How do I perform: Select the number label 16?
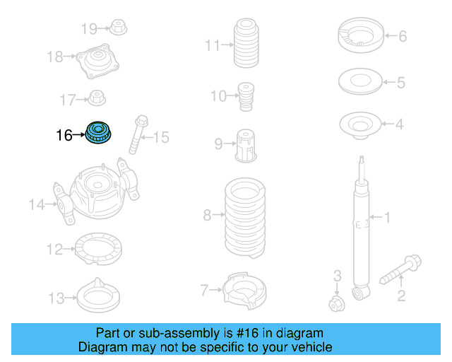(x=64, y=134)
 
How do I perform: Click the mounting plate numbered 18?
(x=95, y=62)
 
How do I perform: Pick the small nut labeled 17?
(x=97, y=99)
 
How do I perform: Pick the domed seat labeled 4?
(x=362, y=127)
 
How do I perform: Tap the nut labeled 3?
(x=337, y=304)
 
